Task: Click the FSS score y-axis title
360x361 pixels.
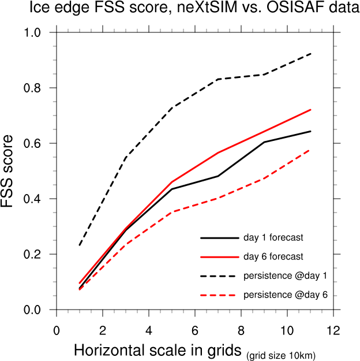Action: point(12,172)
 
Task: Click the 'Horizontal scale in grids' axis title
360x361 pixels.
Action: point(157,350)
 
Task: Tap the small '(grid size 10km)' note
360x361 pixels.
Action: point(281,354)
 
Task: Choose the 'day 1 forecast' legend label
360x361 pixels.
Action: point(273,237)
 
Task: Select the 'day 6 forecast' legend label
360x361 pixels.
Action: point(273,256)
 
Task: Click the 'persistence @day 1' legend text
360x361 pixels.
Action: point(286,275)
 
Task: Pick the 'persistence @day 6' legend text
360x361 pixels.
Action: point(286,295)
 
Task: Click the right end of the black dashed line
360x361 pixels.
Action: point(310,54)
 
